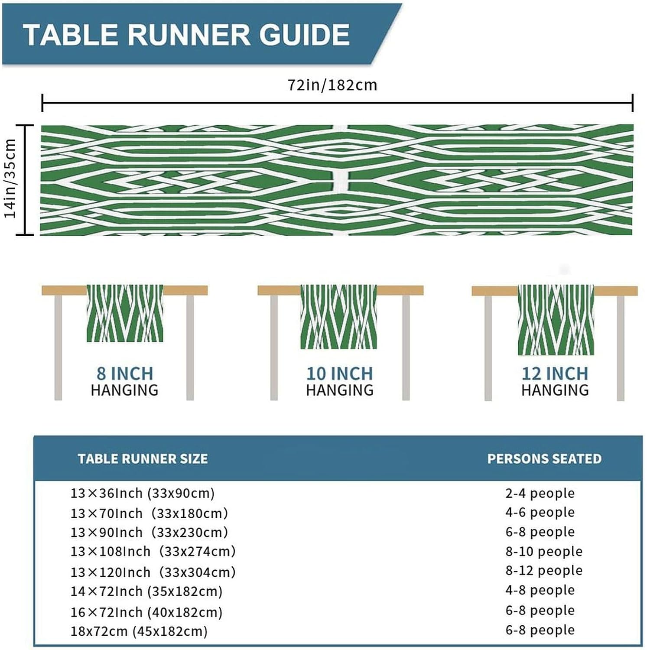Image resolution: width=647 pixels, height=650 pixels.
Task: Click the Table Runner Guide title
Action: click(x=186, y=34)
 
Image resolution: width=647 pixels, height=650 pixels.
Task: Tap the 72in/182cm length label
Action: click(x=332, y=85)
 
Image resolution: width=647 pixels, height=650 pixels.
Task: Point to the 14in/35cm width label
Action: click(x=10, y=179)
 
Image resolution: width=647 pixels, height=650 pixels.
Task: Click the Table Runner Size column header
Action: click(x=143, y=458)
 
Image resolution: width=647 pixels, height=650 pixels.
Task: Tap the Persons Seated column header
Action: click(x=544, y=458)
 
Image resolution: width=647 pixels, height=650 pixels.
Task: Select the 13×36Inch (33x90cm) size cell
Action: click(x=143, y=493)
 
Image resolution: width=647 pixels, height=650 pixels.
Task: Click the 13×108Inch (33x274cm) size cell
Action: click(x=153, y=551)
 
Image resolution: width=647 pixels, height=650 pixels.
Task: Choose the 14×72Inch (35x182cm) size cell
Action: click(x=146, y=591)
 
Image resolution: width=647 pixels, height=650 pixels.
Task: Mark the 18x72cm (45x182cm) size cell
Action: click(x=139, y=631)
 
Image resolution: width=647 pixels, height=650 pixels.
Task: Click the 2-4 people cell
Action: click(x=540, y=493)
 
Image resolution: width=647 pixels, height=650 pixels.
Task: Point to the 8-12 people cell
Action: click(x=544, y=570)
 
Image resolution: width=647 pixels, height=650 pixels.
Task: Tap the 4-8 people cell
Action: click(x=540, y=590)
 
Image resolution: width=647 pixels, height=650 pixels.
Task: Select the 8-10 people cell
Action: click(x=544, y=551)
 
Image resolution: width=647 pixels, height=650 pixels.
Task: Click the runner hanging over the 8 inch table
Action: click(x=125, y=313)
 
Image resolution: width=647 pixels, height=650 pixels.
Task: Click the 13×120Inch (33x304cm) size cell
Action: click(x=153, y=572)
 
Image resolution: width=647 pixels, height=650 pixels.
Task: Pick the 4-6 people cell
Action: click(x=540, y=512)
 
